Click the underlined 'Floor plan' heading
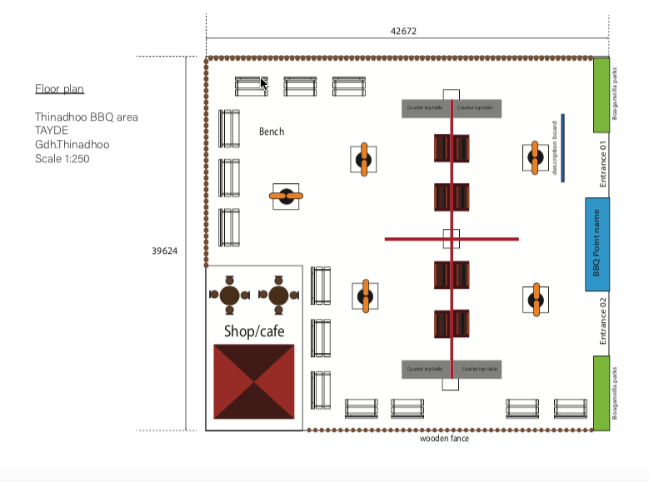[x=59, y=89]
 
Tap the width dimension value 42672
[x=403, y=32]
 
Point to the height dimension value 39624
[x=163, y=251]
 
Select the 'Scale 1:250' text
[x=62, y=158]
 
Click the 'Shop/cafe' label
[x=254, y=331]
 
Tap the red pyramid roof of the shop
[x=254, y=381]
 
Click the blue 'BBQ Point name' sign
[x=597, y=244]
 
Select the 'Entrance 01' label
[x=604, y=164]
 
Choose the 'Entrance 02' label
[x=604, y=323]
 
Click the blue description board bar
[x=562, y=147]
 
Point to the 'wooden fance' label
[x=444, y=438]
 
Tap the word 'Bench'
[x=272, y=132]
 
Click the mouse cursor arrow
[x=264, y=83]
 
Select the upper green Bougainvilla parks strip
[x=602, y=95]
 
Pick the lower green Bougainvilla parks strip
[x=602, y=393]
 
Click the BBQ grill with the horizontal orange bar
[x=287, y=196]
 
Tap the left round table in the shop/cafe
[x=229, y=295]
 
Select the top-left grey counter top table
[x=426, y=108]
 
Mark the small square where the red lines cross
[x=451, y=239]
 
